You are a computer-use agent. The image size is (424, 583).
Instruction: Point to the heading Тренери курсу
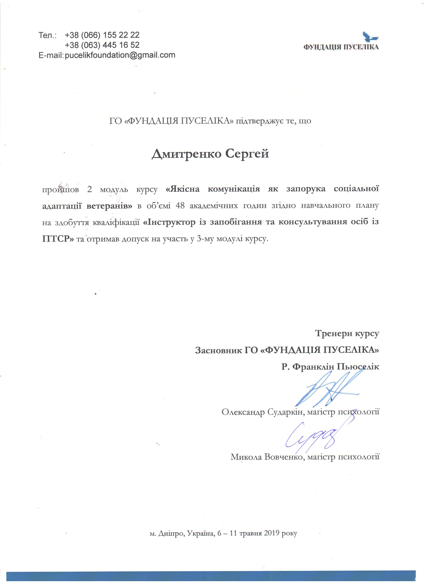coord(347,333)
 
